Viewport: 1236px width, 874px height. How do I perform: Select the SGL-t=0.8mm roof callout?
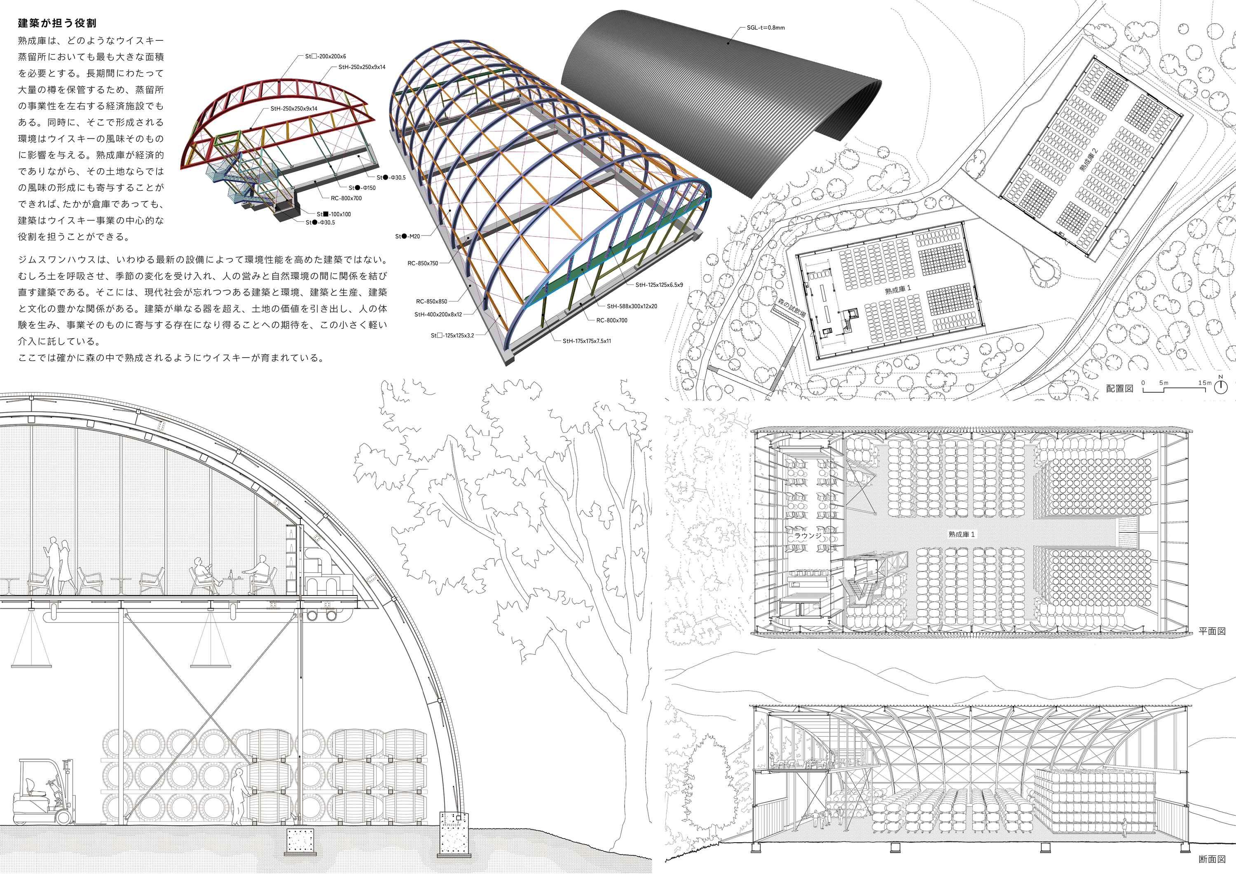tap(765, 27)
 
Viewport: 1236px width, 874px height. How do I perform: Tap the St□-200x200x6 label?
tap(326, 56)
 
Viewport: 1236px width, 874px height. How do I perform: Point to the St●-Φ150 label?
tap(362, 188)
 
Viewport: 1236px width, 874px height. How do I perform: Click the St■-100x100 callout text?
tap(334, 214)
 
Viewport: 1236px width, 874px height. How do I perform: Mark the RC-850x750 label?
tap(423, 263)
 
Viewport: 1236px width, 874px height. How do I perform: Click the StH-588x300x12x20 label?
tap(632, 307)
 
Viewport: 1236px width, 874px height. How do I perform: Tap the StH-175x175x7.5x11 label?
tap(587, 341)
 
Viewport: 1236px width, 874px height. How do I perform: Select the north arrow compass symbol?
tap(1220, 386)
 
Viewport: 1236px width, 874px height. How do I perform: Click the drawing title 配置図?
tap(1120, 388)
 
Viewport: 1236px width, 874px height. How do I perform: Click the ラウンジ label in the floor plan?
tap(808, 537)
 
